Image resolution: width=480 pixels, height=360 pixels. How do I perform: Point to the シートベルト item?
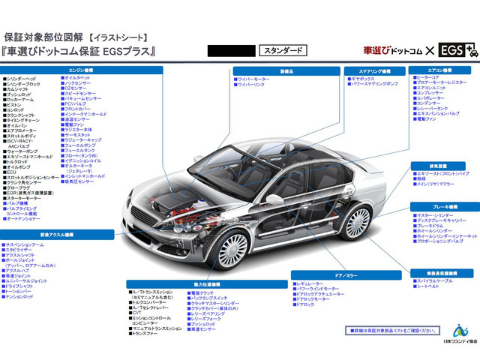pyautogui.click(x=428, y=286)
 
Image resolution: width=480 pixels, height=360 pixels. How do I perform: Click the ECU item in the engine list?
pyautogui.click(x=10, y=171)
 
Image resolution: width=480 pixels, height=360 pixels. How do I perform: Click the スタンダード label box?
pyautogui.click(x=284, y=51)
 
